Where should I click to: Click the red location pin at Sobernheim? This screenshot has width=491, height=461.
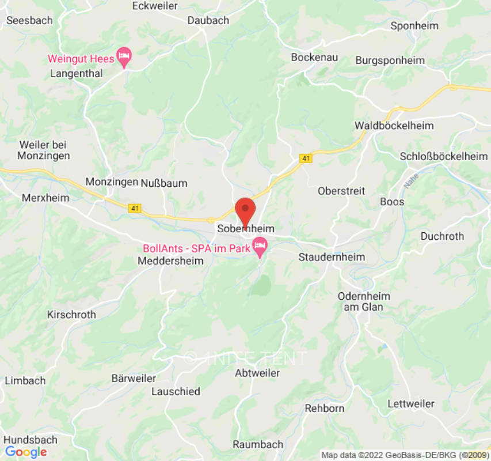246,209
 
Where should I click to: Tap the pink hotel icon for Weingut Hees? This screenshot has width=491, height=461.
124,56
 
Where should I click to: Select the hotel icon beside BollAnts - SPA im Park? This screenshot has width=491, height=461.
260,247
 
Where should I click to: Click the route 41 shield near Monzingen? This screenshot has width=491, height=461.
135,208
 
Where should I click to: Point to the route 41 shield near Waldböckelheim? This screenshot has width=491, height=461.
306,158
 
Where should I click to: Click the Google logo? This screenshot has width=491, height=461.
26,452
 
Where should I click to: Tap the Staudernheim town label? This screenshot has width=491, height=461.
332,257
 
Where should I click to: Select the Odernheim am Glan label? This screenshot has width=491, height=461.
364,301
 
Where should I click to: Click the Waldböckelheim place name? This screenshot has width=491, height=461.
394,126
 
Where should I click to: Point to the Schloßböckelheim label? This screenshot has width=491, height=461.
444,156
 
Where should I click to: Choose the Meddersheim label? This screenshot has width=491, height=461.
170,261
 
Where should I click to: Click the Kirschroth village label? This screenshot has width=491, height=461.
71,315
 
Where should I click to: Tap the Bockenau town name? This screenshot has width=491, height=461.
314,57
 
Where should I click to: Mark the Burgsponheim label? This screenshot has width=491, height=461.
390,60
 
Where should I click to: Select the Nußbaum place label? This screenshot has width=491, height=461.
164,183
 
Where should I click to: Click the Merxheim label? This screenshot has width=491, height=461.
45,198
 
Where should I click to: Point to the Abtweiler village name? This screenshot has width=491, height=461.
257,373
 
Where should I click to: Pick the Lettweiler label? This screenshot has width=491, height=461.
411,403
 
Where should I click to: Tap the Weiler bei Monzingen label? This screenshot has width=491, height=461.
44,150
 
